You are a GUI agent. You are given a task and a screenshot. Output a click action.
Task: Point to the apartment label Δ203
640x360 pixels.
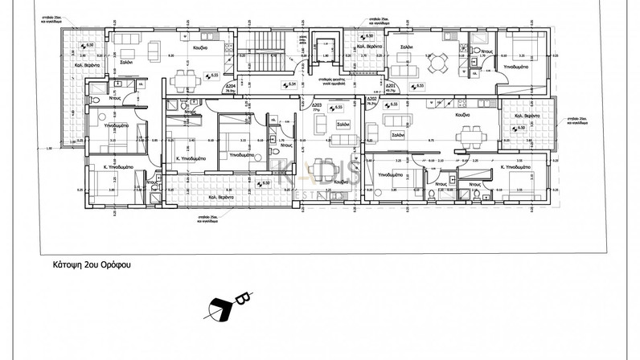point(317,105)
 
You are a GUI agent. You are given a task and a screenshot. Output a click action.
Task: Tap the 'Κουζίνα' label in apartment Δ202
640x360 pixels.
point(462,117)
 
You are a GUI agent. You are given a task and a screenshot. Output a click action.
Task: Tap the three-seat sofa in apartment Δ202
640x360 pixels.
point(398,120)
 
